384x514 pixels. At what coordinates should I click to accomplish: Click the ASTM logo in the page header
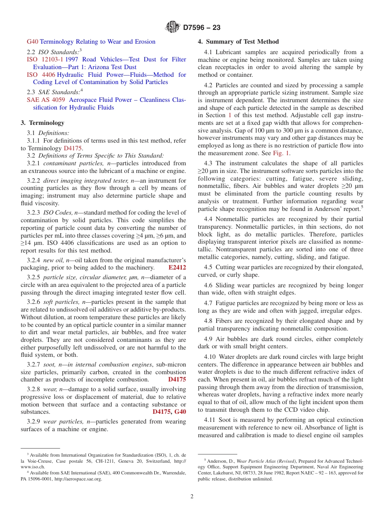coord(173,27)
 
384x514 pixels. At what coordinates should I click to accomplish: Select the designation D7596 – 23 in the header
coord(202,28)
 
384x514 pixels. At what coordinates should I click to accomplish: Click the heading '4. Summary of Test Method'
coord(238,42)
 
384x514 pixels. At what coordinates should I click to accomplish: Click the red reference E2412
coord(177,268)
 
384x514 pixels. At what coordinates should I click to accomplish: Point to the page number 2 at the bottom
coord(192,497)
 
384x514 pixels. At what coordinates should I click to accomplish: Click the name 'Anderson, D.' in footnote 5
coord(220,461)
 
